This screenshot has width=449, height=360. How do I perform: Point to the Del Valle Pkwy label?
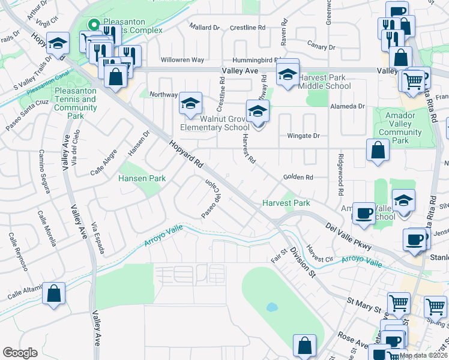pos(349,237)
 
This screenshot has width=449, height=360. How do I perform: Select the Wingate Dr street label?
pos(303,136)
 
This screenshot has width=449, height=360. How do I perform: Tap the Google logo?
pos(20,353)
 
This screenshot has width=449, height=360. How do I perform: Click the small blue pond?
pos(272,307)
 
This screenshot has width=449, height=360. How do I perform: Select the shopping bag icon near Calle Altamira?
pos(54,294)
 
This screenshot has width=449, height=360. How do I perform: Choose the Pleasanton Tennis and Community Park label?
pos(76,103)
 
